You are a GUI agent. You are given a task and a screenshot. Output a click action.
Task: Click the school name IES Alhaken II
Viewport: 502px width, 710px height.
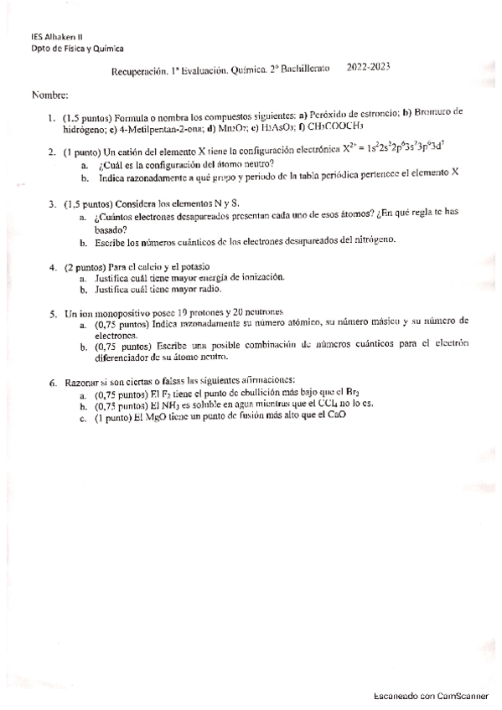[57, 37]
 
